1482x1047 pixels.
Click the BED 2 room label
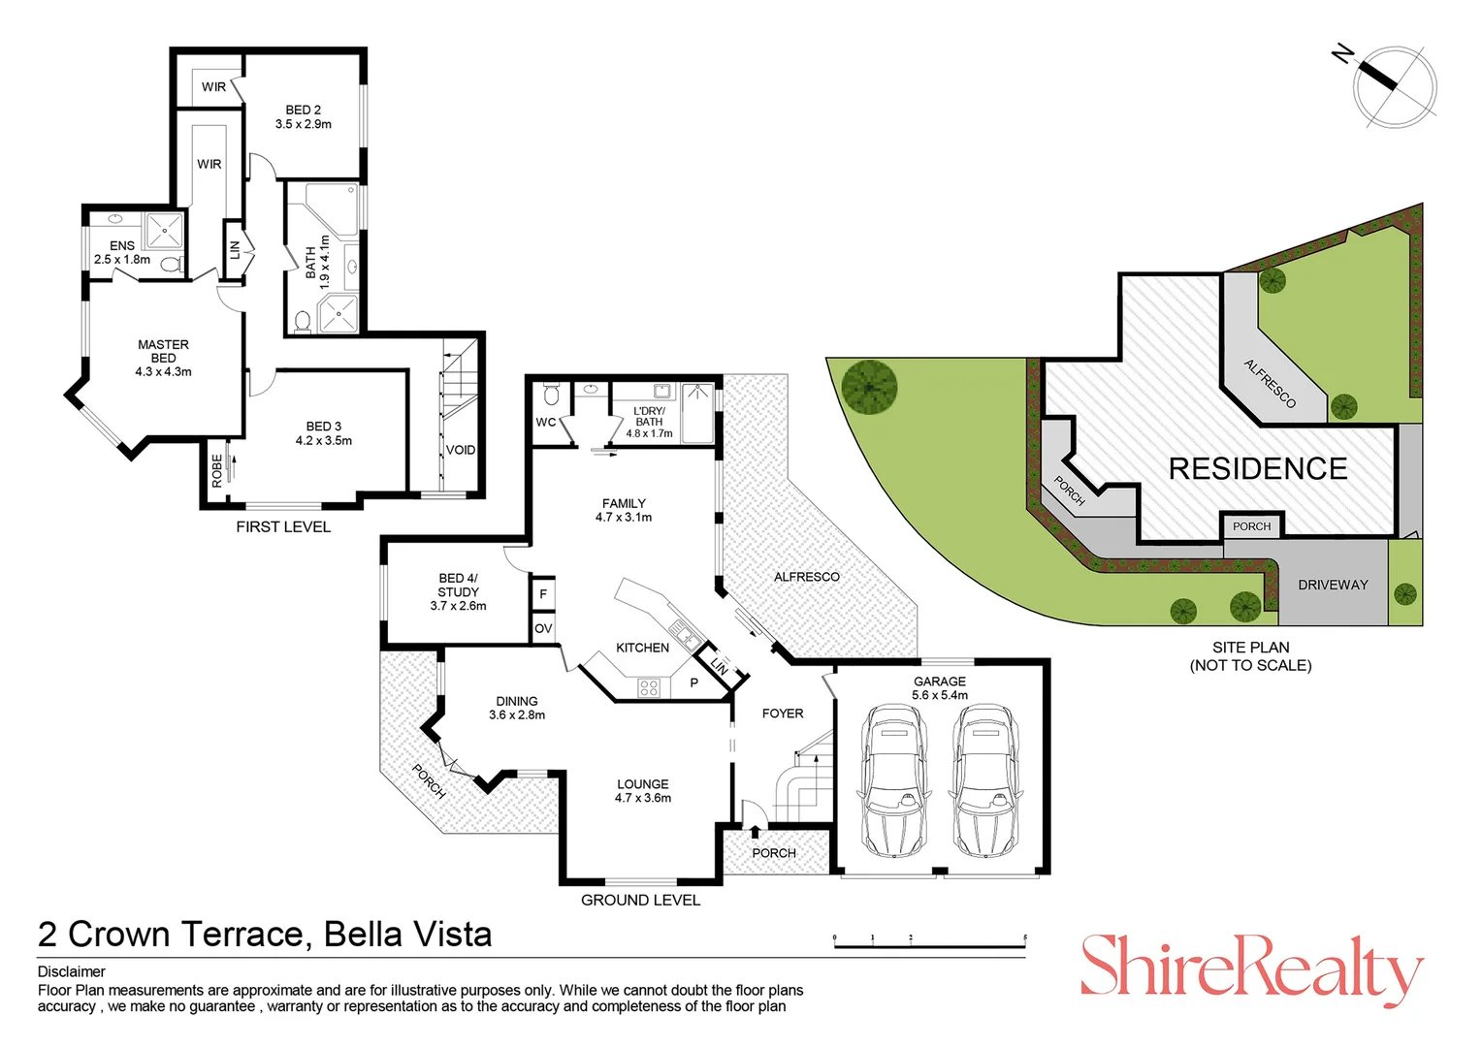click(x=303, y=116)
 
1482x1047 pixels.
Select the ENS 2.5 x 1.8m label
click(x=122, y=252)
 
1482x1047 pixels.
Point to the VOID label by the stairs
click(x=461, y=450)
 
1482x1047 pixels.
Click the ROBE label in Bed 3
click(x=217, y=470)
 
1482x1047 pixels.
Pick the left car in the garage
click(x=893, y=780)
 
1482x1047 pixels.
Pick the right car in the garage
click(x=984, y=780)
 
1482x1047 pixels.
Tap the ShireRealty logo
click(x=1251, y=968)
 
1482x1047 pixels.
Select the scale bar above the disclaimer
click(x=929, y=941)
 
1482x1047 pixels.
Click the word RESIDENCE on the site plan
click(x=1257, y=469)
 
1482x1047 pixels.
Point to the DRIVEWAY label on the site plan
click(x=1333, y=585)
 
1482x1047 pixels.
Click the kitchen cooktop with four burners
click(x=649, y=688)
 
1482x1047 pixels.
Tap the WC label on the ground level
click(x=546, y=422)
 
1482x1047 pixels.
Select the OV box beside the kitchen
click(x=543, y=628)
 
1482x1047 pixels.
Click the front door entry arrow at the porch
click(x=756, y=831)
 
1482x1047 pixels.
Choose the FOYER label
click(x=783, y=714)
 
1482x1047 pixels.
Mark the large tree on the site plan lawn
click(x=869, y=386)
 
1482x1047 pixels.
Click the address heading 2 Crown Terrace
click(x=264, y=935)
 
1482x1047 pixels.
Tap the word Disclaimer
click(x=72, y=971)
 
